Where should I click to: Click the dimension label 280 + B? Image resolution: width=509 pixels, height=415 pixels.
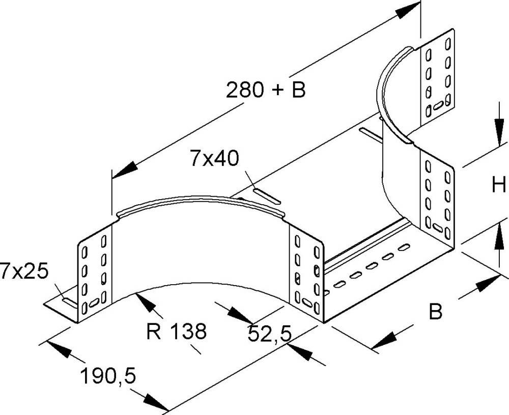(x=265, y=90)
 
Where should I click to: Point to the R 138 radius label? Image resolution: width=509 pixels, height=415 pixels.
(x=176, y=333)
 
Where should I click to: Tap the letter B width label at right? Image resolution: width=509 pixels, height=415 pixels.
(x=435, y=311)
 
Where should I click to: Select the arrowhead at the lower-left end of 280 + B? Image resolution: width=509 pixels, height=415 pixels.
(x=123, y=171)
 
